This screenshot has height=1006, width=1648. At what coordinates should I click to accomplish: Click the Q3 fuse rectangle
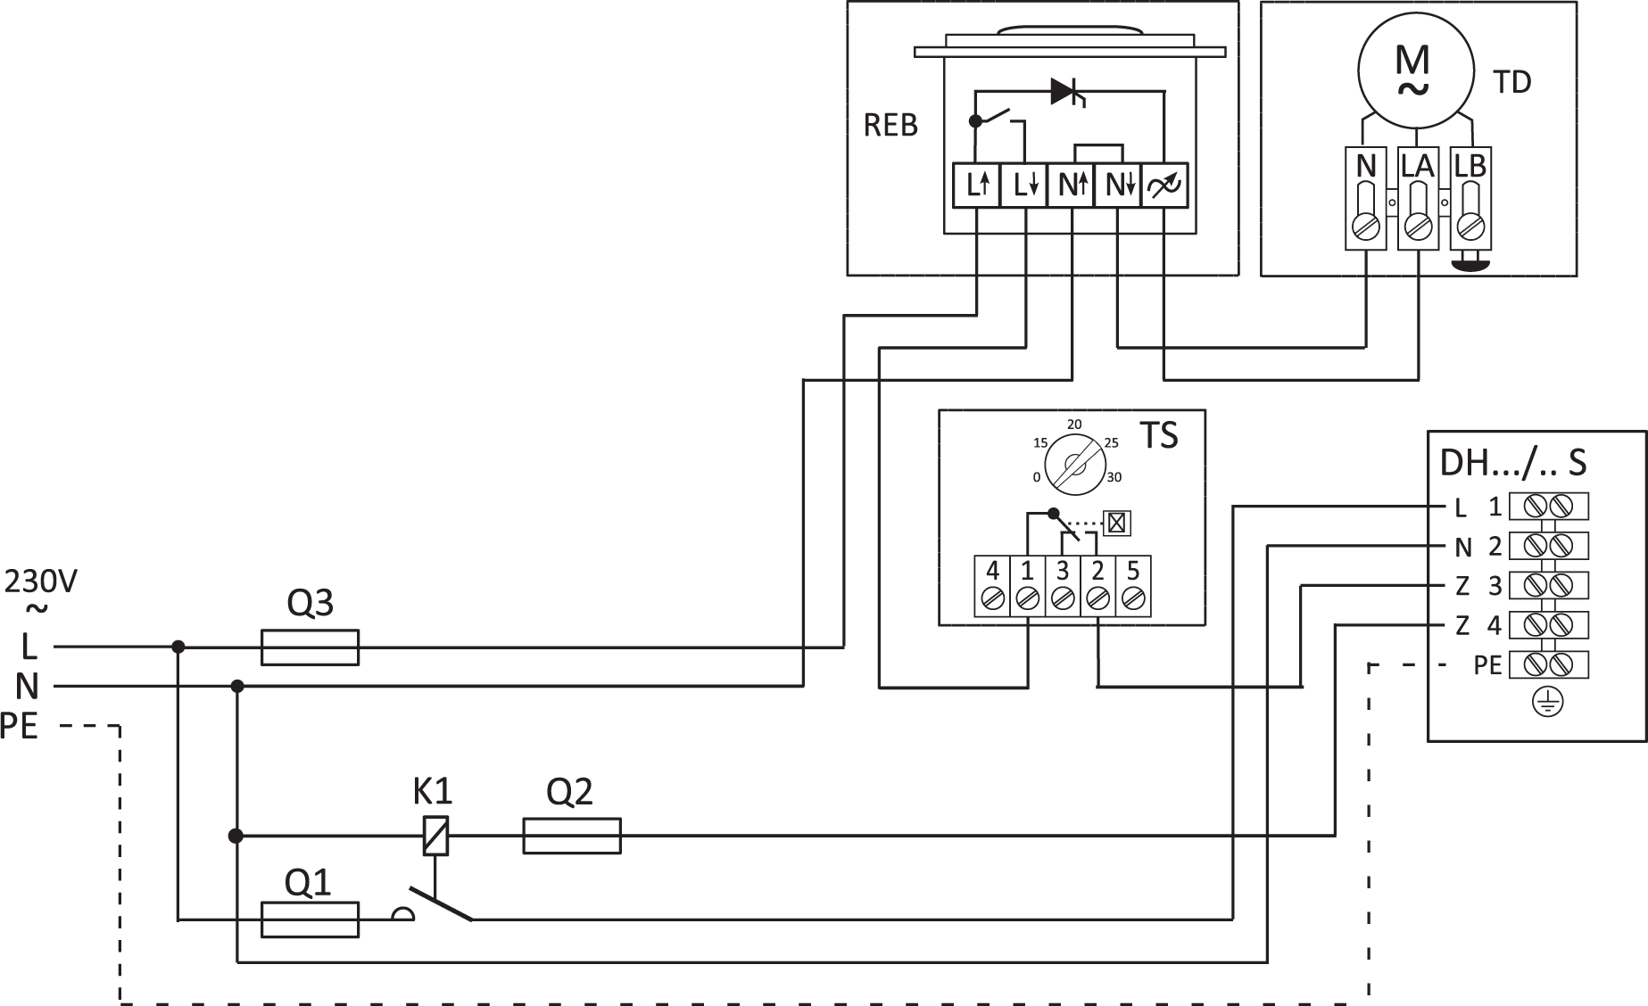(x=310, y=647)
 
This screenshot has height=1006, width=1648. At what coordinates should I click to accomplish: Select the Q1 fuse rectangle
(x=310, y=919)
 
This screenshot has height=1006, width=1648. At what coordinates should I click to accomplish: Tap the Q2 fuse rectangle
(x=571, y=837)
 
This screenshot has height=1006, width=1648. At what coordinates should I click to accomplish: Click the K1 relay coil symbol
(x=435, y=837)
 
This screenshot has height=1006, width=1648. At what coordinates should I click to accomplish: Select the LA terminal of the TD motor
(x=1417, y=198)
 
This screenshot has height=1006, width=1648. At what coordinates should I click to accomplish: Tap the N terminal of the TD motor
(x=1365, y=198)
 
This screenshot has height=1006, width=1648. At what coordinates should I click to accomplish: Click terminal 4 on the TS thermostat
(x=991, y=586)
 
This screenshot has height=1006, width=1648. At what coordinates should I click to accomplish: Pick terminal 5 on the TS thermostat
(x=1133, y=586)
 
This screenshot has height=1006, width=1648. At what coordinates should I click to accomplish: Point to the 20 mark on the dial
(x=1074, y=425)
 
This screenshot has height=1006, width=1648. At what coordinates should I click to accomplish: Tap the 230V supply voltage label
(x=41, y=582)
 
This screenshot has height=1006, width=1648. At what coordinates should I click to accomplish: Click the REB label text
(x=890, y=126)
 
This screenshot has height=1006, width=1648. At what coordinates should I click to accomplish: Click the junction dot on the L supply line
(x=178, y=647)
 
